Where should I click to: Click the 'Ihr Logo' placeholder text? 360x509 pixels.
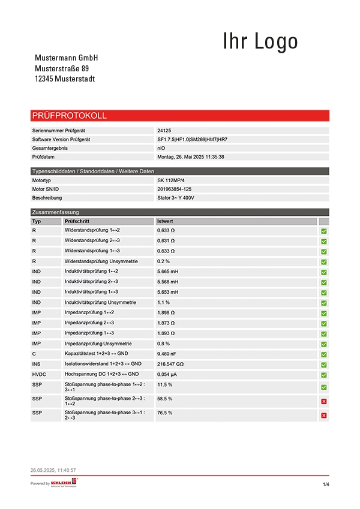pos(260,41)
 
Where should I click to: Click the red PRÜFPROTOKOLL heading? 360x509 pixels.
pos(69,116)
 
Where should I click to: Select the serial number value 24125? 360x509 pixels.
pos(164,130)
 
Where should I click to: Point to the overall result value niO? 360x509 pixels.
pos(161,147)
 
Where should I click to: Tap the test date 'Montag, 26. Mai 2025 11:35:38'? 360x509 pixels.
pos(191,156)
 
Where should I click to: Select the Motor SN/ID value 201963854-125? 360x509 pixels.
pos(175,189)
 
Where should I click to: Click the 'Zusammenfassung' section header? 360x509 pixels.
pos(55,212)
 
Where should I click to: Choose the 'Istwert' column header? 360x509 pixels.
pos(165,221)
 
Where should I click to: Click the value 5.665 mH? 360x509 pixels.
pos(168,272)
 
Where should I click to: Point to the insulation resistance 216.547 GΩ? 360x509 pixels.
pos(170,364)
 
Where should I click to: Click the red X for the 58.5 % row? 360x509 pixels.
pos(324,401)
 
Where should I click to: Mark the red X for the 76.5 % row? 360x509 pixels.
pos(324,415)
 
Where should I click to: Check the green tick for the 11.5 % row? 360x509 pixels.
pos(324,387)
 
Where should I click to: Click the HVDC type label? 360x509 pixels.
pos(39,374)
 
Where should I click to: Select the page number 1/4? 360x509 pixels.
pos(326,484)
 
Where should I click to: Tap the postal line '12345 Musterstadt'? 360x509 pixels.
pos(65,79)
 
